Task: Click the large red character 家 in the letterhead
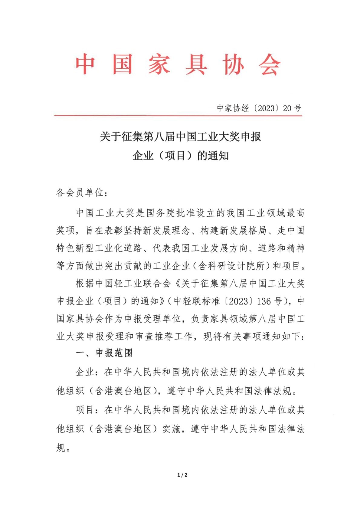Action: (x=159, y=64)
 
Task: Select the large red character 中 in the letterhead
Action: (x=86, y=64)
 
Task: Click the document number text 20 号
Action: (x=292, y=108)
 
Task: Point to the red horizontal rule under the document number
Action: (x=178, y=115)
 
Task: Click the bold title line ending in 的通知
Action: (x=180, y=156)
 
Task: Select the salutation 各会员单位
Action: (x=80, y=192)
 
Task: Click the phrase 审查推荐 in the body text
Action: (x=159, y=336)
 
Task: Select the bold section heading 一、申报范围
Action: (x=104, y=353)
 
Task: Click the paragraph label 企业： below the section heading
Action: (x=87, y=372)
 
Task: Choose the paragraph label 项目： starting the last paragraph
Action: (x=87, y=410)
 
